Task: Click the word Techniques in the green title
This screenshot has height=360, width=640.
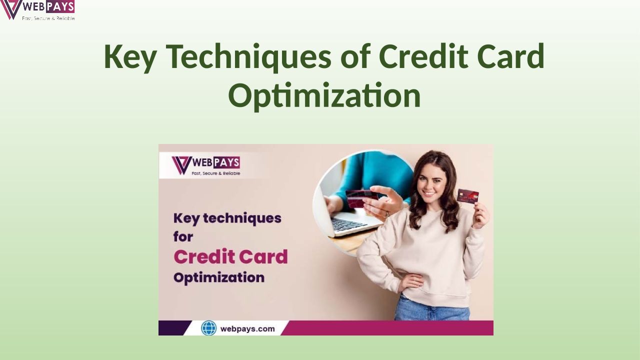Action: point(248,57)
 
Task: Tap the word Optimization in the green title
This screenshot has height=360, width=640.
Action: point(324,95)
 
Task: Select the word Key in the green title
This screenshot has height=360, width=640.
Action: point(130,57)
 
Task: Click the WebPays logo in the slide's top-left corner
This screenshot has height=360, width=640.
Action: point(37,10)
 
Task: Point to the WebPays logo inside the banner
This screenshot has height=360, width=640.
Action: point(205,165)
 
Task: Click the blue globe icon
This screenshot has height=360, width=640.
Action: point(209,328)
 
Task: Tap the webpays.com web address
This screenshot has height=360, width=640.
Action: point(247,329)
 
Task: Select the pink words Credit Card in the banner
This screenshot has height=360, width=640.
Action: point(230,256)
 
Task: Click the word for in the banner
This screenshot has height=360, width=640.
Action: point(183,236)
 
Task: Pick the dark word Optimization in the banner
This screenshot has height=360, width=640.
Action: point(219,277)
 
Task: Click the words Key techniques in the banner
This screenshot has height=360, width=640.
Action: point(227,219)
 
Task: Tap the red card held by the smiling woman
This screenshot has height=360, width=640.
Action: point(467,195)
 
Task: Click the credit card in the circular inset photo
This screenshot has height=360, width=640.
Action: point(361,198)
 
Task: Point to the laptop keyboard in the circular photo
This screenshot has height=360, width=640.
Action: point(348,224)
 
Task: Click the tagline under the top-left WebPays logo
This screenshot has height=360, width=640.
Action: point(48,18)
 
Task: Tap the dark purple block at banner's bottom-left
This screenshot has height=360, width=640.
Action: point(174,328)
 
